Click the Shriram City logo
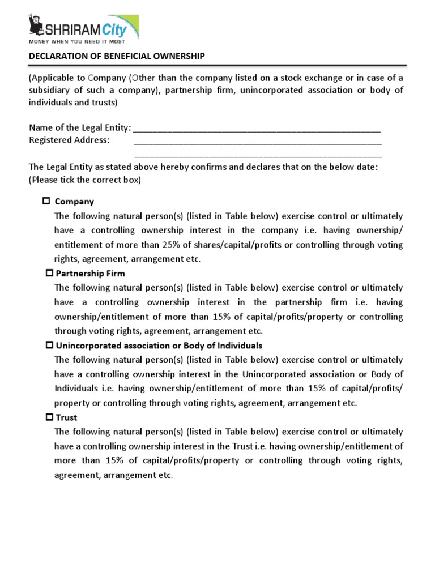click(83, 27)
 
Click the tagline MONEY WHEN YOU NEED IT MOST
click(77, 41)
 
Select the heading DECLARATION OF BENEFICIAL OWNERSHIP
click(117, 56)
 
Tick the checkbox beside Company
click(46, 201)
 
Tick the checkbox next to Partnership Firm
click(49, 273)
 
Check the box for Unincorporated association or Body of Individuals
click(49, 345)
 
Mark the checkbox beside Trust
click(49, 417)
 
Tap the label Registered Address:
click(69, 140)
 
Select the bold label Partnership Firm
click(91, 274)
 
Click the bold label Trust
click(67, 417)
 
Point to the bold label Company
click(74, 202)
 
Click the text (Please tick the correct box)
click(84, 180)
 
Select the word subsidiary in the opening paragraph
click(52, 91)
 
